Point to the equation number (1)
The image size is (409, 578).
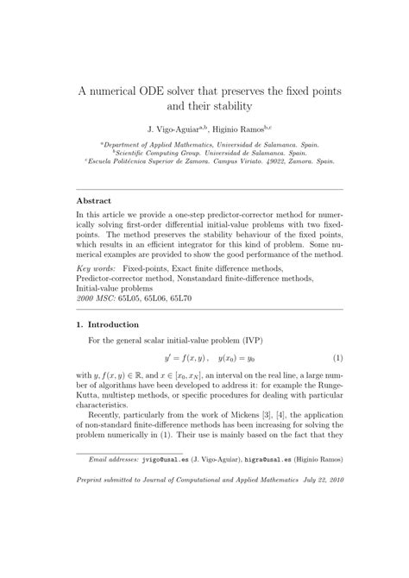click(x=338, y=358)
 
